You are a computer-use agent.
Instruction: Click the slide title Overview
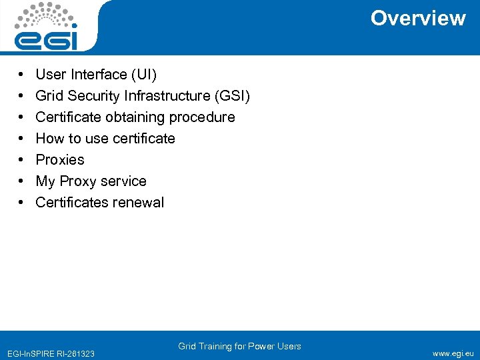click(418, 18)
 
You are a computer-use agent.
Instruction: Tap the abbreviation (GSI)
click(231, 95)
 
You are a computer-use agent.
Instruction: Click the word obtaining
click(135, 117)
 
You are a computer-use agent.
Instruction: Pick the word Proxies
click(60, 159)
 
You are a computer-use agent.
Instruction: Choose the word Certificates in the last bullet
click(69, 202)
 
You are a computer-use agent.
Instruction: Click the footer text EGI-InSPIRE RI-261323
click(50, 353)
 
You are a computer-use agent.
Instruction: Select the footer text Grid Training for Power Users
click(239, 346)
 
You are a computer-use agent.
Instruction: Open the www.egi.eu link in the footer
click(453, 353)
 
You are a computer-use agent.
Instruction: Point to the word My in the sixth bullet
click(45, 181)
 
